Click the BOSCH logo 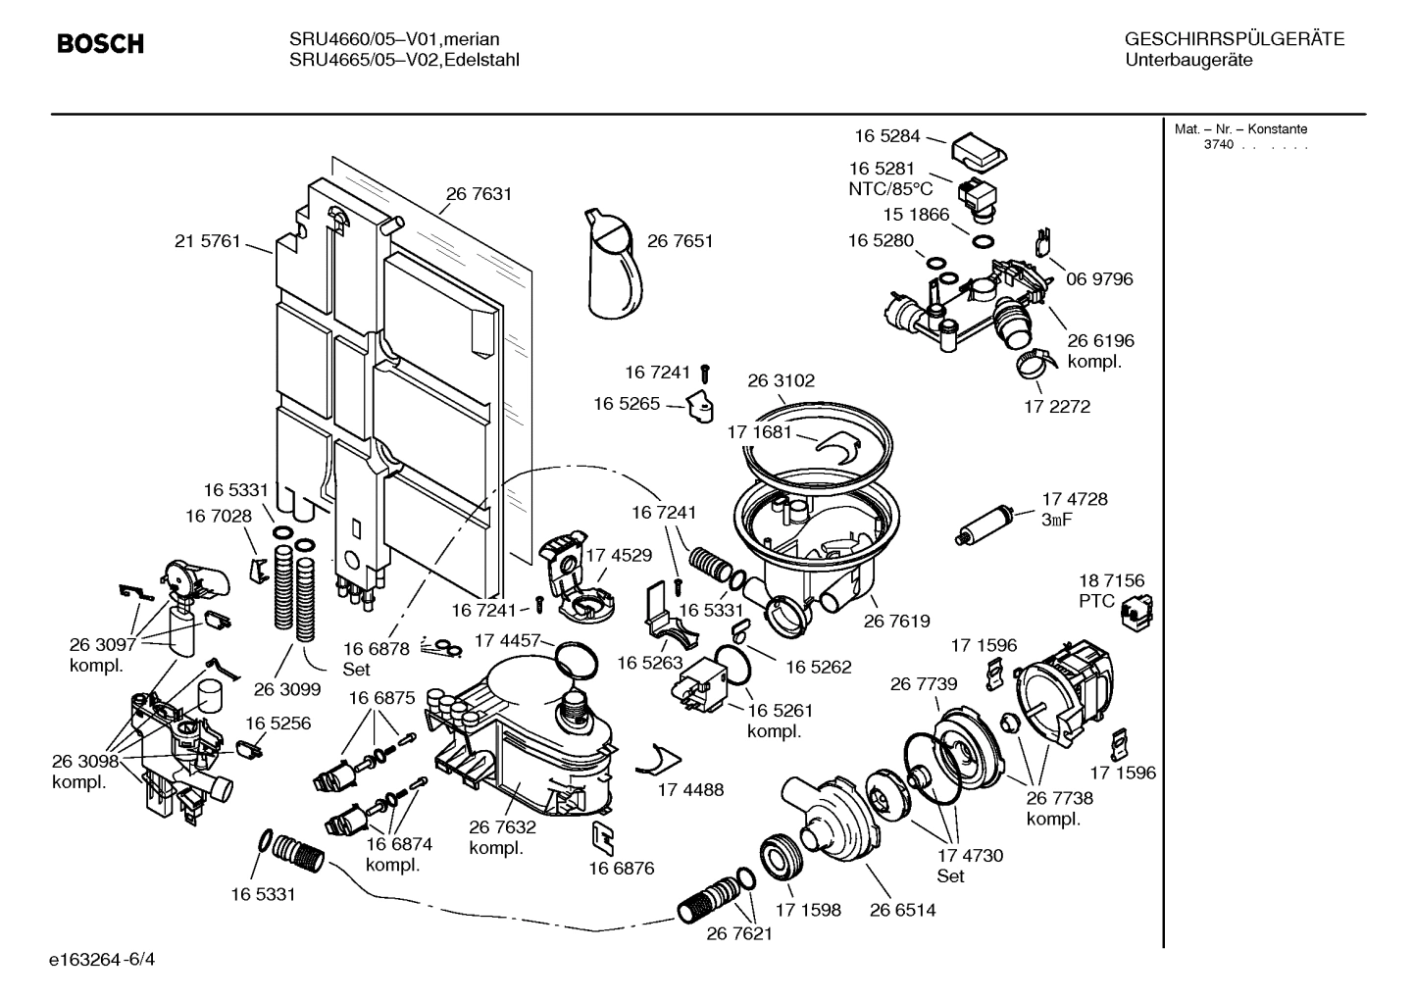point(100,44)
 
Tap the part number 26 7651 point(680,241)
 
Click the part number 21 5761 point(208,241)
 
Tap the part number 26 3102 point(781,380)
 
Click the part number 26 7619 point(896,621)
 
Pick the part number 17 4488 point(690,789)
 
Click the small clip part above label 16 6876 point(603,833)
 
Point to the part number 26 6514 point(902,910)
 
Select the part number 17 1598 point(808,910)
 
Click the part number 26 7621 point(739,933)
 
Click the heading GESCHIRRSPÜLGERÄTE point(1234,40)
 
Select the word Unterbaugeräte point(1188,61)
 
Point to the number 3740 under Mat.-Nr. point(1219,145)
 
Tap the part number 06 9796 point(1099,279)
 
